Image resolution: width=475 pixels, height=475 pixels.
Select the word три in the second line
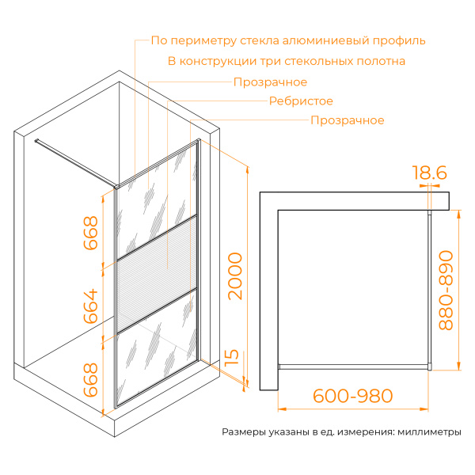(x=297, y=61)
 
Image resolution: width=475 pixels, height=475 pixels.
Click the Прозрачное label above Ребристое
(x=270, y=82)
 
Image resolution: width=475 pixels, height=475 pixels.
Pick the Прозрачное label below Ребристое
(x=348, y=120)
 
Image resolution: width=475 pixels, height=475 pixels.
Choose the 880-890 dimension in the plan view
(x=447, y=291)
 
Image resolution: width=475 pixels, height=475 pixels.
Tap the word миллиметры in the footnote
(x=428, y=433)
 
